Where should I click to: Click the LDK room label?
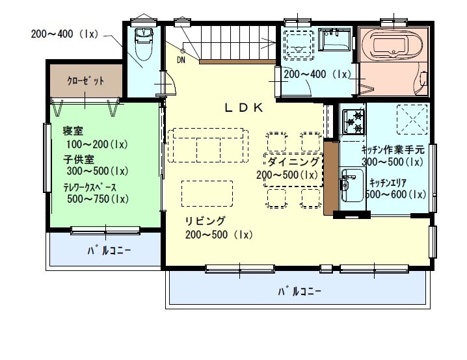pos(244,108)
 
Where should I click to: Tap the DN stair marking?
pos(181,60)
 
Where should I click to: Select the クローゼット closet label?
pos(86,81)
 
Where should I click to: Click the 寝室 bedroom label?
pos(73,131)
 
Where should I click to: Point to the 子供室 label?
pos(79,159)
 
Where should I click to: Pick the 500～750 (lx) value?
pos(98,199)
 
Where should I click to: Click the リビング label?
pos(205,222)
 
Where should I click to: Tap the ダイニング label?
pos(293,162)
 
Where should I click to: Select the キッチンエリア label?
pos(388,183)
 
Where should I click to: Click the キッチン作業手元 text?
pos(393,149)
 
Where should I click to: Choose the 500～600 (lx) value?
pos(395,194)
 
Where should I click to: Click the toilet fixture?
pos(144,44)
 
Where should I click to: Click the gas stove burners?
pos(354,122)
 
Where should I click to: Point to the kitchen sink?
pos(352,185)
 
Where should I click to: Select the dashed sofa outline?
pos(208,145)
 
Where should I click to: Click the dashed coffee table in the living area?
pos(207,194)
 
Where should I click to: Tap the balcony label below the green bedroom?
pos(109,251)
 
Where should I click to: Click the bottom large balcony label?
pos(300,291)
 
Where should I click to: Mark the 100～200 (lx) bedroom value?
pos(97,145)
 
